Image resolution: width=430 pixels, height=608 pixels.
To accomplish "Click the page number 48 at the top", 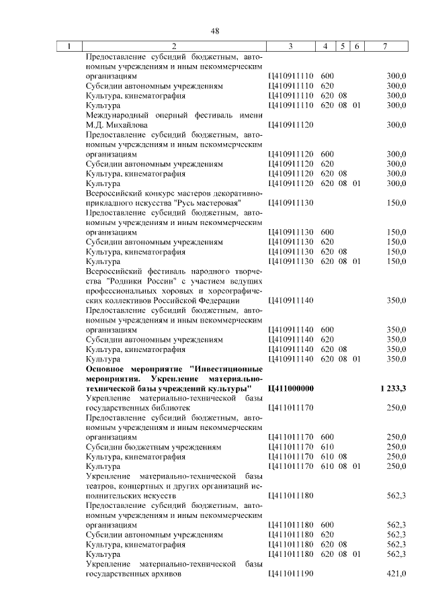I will tap(215, 31).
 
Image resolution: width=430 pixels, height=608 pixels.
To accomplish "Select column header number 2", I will tap(174, 46).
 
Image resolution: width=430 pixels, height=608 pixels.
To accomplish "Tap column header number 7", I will tap(384, 46).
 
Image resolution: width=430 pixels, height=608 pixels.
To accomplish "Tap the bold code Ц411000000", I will tap(291, 388).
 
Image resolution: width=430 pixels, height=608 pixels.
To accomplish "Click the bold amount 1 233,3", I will tap(392, 388).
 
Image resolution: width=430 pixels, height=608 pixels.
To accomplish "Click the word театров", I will tap(101, 486).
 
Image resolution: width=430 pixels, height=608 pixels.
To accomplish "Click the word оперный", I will tap(167, 116).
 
